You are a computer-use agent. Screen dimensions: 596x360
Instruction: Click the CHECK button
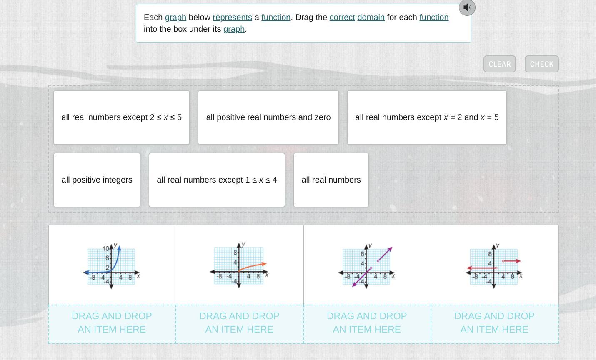541,64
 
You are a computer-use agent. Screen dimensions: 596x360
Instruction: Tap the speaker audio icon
467,7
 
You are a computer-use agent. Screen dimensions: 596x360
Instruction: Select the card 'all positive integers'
97,180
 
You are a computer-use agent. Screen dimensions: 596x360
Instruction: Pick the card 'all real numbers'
331,180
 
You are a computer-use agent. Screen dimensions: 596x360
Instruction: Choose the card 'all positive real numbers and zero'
268,117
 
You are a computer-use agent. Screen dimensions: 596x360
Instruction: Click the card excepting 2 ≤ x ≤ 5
121,117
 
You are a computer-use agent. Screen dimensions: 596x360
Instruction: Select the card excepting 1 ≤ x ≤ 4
217,180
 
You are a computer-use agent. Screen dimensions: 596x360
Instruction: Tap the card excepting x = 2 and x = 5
427,117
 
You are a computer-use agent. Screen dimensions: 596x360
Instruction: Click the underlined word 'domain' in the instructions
371,17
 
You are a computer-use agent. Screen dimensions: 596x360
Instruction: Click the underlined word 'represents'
232,17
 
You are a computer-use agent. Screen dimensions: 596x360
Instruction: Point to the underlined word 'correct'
342,17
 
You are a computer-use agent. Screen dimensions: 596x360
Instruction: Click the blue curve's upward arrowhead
119,248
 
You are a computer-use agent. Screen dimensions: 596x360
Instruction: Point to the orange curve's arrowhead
264,264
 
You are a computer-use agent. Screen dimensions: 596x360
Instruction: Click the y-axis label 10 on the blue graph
105,248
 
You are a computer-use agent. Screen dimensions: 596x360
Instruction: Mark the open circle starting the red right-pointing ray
503,261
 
